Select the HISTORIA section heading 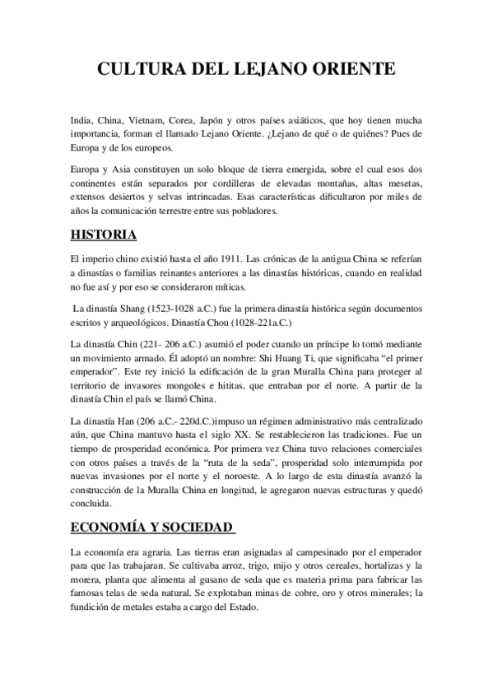pyautogui.click(x=104, y=235)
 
